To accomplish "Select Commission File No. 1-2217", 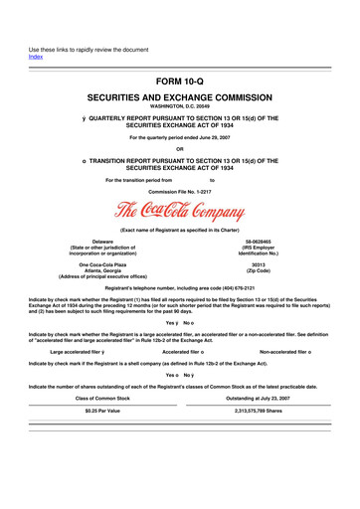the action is (x=179, y=191).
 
